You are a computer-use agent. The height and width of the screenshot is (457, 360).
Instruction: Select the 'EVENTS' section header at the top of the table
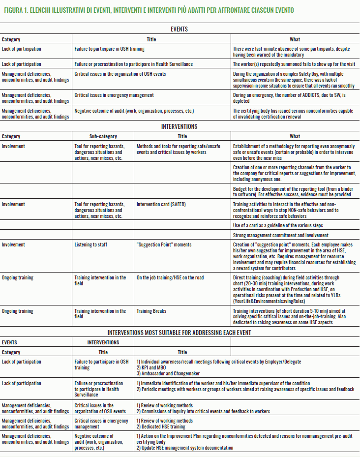coord(180,29)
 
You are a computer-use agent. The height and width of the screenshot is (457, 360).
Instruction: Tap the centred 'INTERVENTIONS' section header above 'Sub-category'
coord(180,126)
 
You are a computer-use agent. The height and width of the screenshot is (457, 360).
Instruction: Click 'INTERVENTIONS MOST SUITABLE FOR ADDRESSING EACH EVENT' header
coord(180,333)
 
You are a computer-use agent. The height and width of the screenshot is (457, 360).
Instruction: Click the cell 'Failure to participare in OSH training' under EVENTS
coord(110,49)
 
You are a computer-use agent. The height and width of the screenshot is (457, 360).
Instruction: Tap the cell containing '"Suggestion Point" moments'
coord(164,244)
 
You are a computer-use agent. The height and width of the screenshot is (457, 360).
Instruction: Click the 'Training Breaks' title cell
coord(151,311)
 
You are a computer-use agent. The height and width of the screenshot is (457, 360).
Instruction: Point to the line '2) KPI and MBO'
coord(151,367)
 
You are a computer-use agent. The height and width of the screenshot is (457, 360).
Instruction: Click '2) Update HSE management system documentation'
coord(185,448)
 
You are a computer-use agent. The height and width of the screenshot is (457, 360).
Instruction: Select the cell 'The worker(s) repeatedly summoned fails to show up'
coord(293,64)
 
